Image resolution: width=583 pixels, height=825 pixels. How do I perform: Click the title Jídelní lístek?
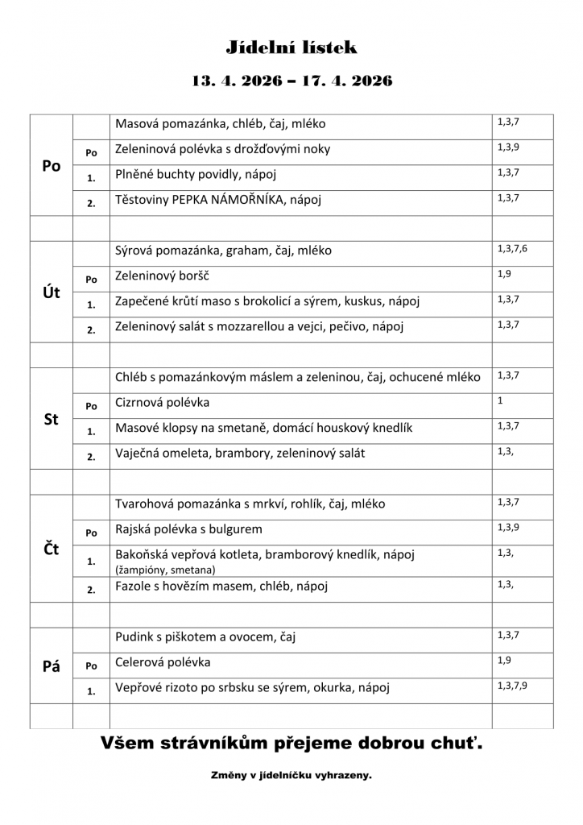[x=291, y=48]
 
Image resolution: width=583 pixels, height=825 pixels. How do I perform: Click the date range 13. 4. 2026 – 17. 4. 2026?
[x=291, y=81]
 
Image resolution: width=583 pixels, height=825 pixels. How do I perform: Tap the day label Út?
[x=52, y=292]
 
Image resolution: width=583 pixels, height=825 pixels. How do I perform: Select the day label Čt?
[x=52, y=549]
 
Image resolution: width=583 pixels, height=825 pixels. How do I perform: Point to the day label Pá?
[x=52, y=667]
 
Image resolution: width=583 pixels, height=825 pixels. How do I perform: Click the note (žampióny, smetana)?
[x=165, y=570]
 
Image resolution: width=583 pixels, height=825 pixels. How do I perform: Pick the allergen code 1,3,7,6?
[x=512, y=248]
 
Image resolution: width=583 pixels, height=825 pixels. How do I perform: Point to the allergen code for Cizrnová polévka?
[x=500, y=400]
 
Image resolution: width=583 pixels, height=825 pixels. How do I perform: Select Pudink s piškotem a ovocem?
[x=205, y=637]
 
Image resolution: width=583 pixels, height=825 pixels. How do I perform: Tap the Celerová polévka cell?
[x=163, y=662]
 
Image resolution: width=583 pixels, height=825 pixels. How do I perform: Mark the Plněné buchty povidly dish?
[x=184, y=174]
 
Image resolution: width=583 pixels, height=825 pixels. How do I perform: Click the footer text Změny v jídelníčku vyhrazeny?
[x=291, y=775]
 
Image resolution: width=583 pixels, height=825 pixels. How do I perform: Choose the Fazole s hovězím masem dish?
[x=205, y=587]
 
